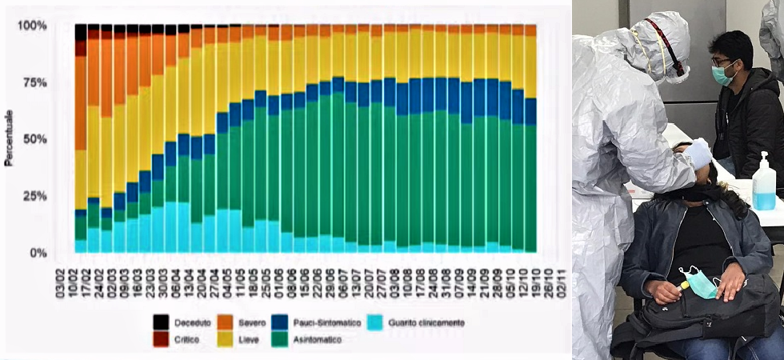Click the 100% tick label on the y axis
point(33,26)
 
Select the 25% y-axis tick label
point(35,196)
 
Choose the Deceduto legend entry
point(185,323)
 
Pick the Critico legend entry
point(181,339)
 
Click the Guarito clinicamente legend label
point(426,323)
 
